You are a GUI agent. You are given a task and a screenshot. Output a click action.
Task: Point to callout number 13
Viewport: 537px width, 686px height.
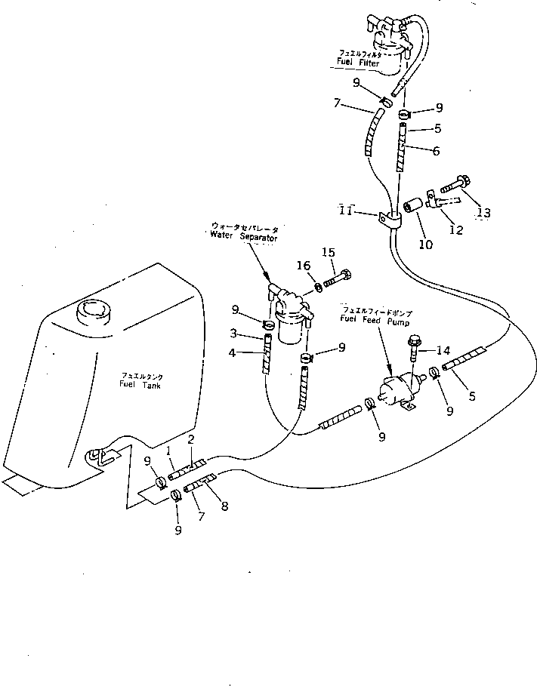(x=483, y=213)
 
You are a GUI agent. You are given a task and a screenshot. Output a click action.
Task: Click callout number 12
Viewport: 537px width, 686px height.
(x=456, y=230)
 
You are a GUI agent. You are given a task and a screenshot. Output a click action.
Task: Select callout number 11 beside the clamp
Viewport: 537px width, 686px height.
(x=345, y=212)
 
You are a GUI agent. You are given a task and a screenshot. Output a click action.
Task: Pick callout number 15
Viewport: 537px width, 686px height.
(x=329, y=252)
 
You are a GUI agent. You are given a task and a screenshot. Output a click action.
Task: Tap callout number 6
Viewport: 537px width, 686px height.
(x=437, y=151)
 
